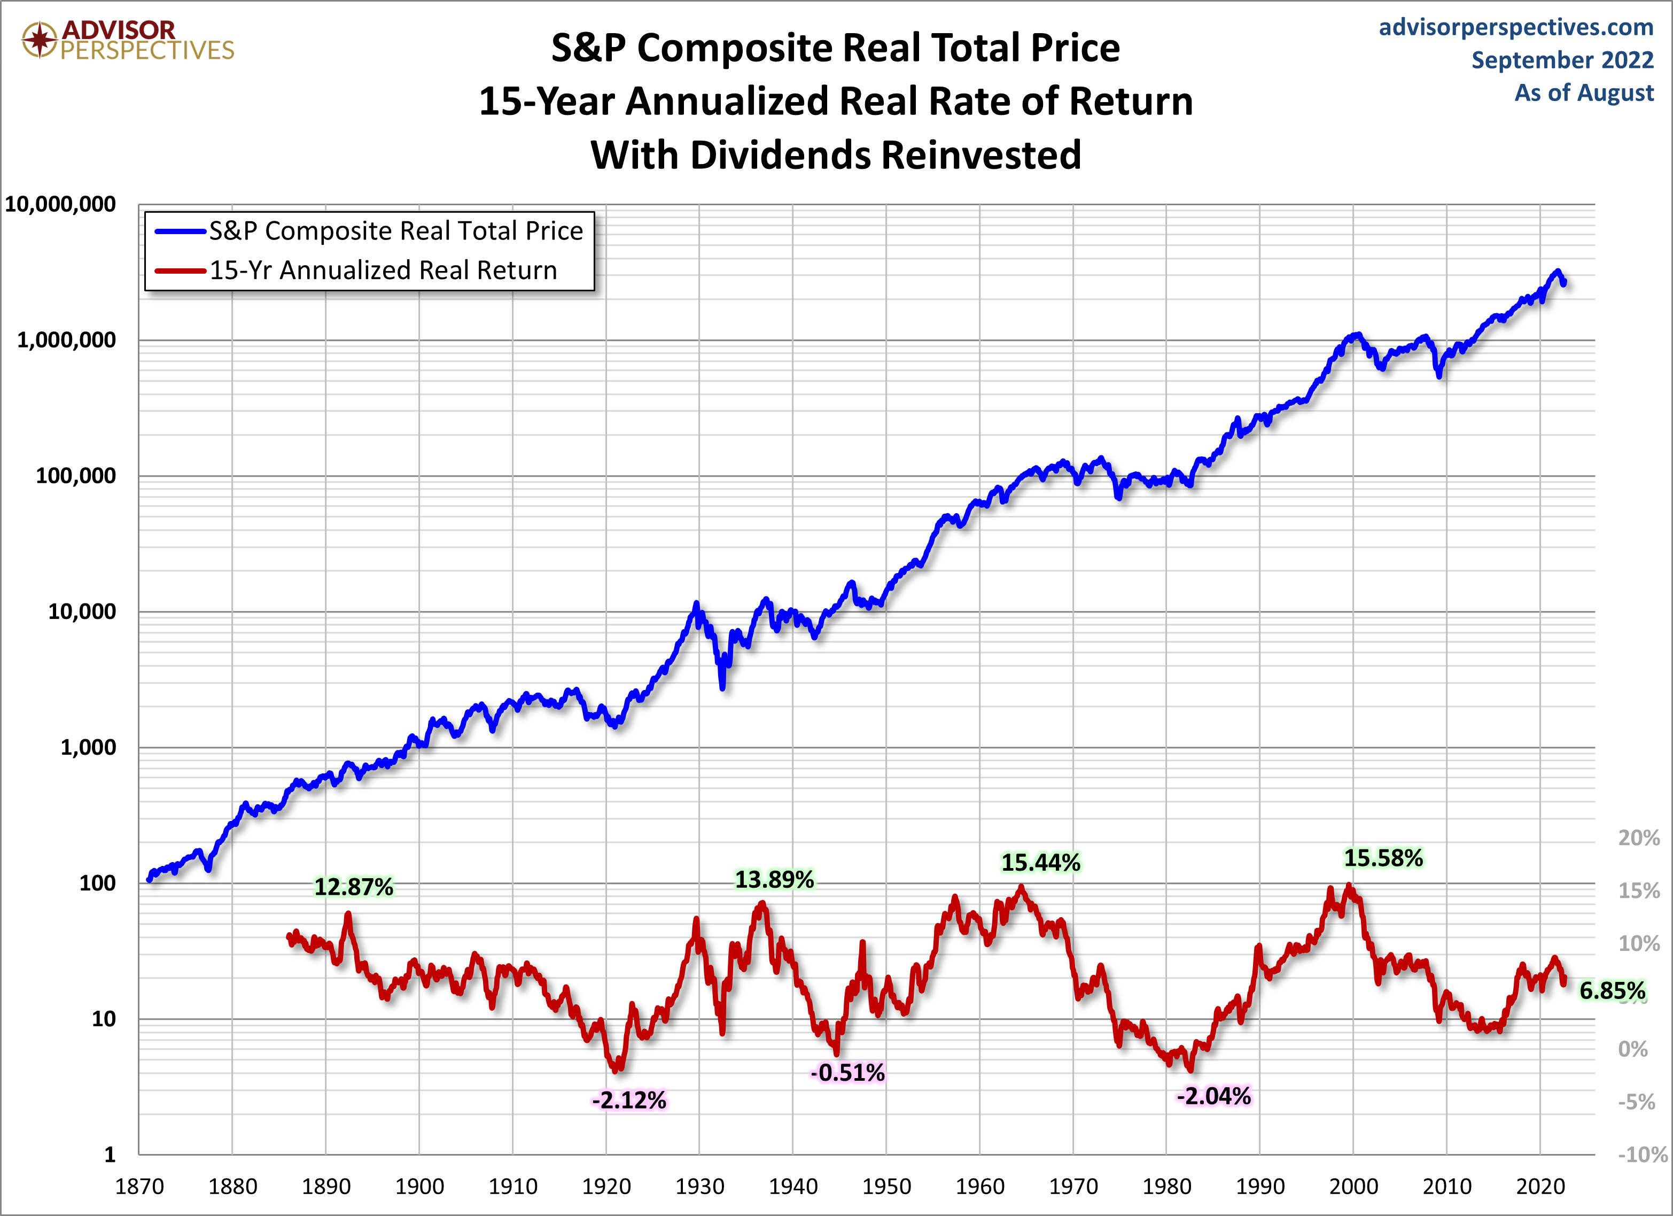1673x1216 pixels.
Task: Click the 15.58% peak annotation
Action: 1383,858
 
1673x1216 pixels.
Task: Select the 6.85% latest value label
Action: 1612,990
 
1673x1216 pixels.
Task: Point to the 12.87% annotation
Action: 354,886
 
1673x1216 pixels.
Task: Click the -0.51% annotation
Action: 847,1072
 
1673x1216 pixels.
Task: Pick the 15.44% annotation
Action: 1040,862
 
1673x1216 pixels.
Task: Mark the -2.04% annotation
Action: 1213,1096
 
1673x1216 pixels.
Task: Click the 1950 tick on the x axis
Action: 886,1187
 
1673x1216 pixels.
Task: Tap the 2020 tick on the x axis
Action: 1540,1187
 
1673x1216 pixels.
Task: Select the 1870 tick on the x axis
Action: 139,1187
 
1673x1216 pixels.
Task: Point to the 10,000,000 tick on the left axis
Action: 60,204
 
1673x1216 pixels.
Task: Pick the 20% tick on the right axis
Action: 1638,838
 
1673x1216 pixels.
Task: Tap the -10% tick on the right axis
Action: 1642,1154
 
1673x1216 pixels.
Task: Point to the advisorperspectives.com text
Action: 1516,27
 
